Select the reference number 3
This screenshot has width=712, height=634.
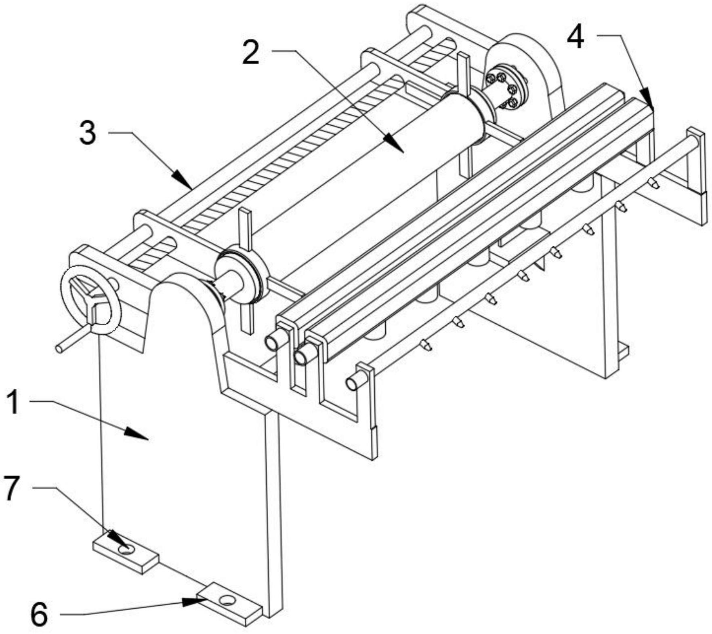[x=88, y=133]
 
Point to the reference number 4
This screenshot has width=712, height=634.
[x=575, y=39]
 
